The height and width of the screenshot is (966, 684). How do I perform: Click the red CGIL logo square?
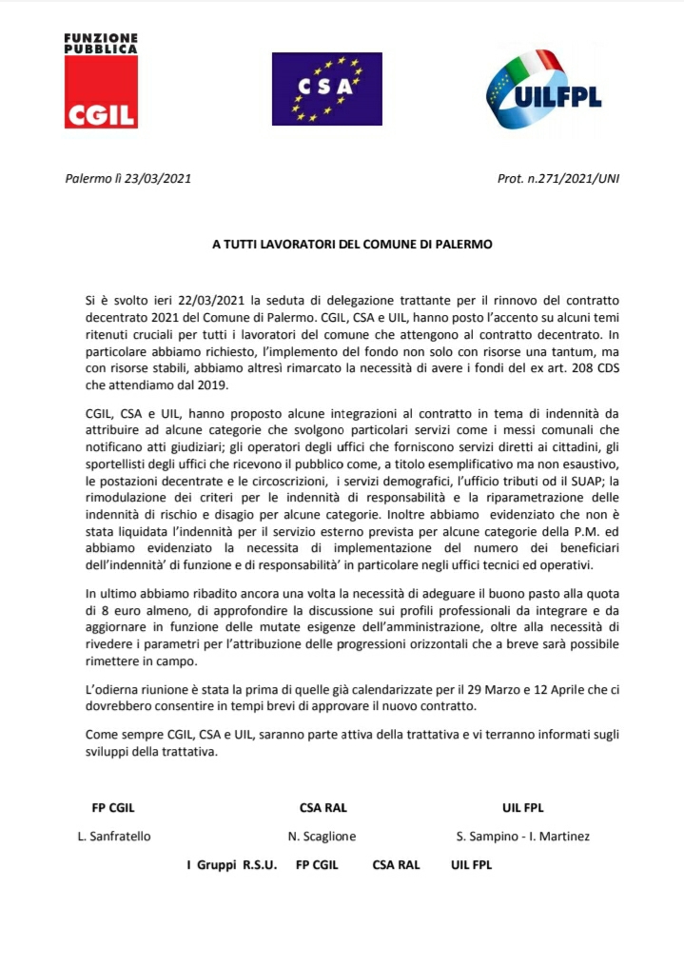point(101,92)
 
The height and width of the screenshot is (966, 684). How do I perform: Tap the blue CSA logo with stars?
point(326,89)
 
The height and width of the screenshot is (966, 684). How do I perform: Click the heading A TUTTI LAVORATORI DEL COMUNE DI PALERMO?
point(352,244)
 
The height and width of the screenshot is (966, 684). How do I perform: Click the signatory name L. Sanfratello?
point(114,837)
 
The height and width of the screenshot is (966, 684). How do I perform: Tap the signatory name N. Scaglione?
point(322,837)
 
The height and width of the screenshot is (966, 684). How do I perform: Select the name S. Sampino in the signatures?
point(489,837)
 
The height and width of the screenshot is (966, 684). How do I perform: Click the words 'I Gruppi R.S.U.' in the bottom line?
point(232,865)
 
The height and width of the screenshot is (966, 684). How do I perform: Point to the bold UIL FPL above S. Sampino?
point(522,808)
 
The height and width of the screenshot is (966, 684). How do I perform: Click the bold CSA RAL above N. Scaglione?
point(322,808)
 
